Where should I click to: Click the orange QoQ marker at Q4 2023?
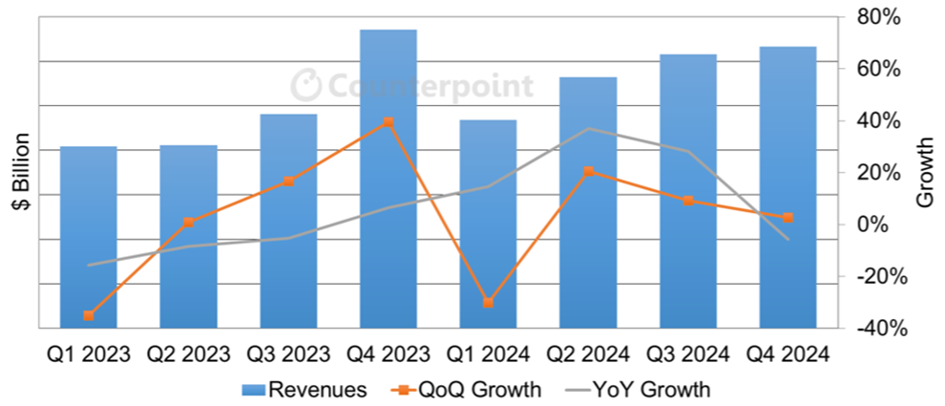tap(388, 122)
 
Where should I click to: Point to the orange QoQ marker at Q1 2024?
tap(488, 303)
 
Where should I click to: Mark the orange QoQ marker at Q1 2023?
tap(88, 315)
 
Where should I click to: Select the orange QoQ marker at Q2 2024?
tap(588, 172)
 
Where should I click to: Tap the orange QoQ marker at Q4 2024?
tap(787, 218)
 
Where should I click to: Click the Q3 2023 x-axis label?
tap(287, 353)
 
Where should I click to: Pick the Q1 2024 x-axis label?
tap(487, 353)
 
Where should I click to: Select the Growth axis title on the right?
tap(924, 172)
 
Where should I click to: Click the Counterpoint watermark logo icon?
tap(305, 86)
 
